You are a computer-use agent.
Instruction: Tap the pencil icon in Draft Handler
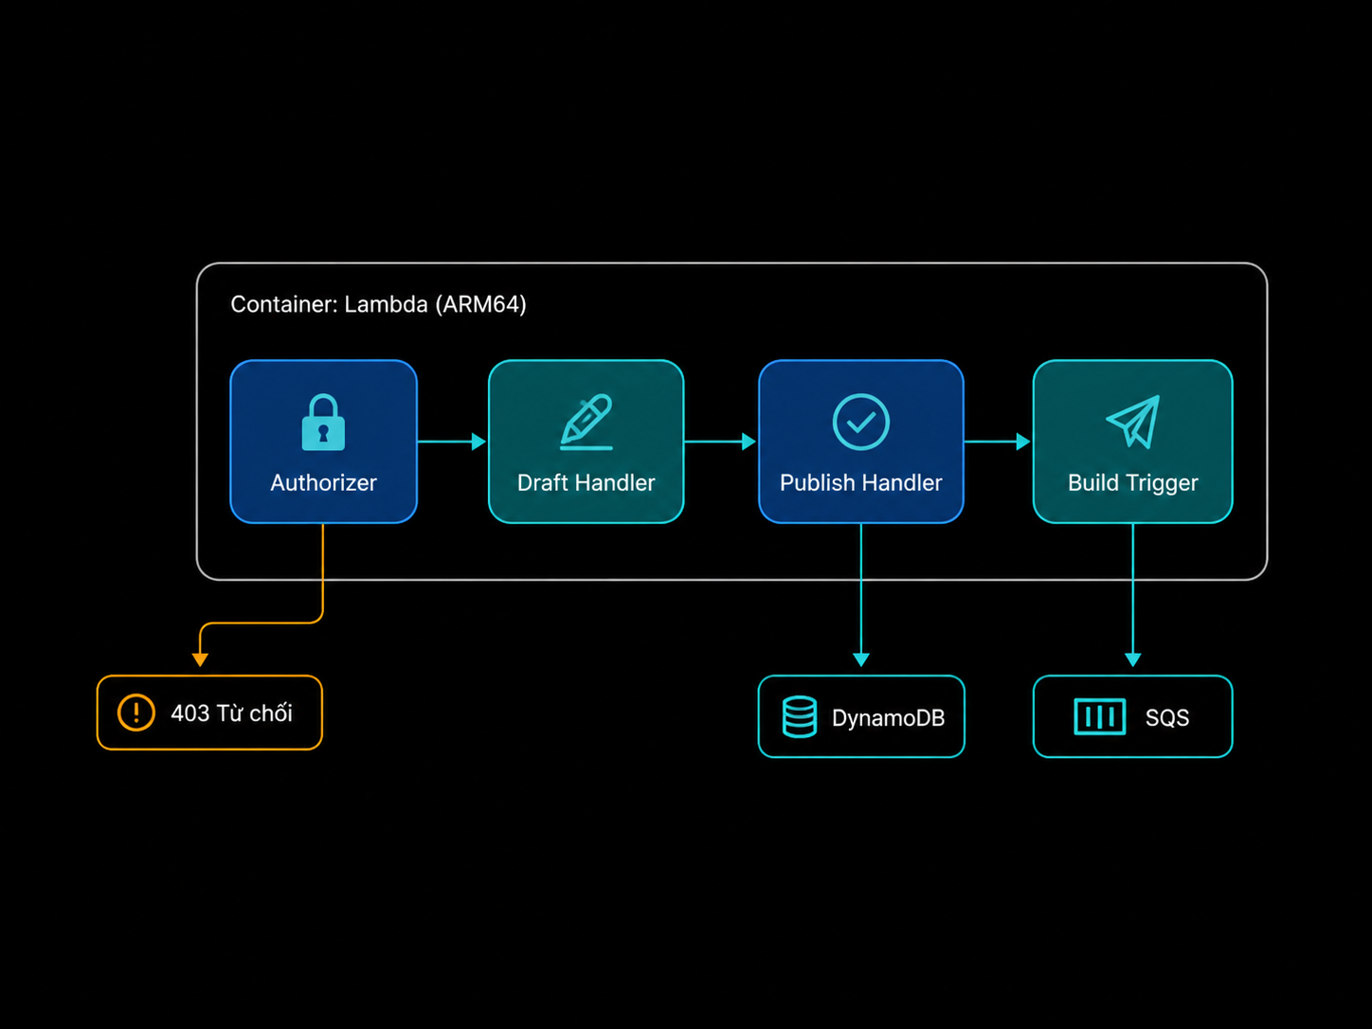coord(587,422)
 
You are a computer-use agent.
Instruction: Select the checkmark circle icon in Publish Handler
coord(860,422)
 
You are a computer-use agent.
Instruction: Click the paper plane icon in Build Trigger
coord(1133,422)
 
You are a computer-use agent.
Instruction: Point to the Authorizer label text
coord(323,483)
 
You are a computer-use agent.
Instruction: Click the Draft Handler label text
coord(587,483)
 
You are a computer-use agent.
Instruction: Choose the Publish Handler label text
coord(860,483)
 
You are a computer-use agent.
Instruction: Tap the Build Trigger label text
coord(1133,483)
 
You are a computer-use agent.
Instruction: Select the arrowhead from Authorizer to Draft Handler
coord(478,442)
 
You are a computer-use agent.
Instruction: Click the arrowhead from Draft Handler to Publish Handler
coord(749,442)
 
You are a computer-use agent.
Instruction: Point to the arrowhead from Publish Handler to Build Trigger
coord(1023,442)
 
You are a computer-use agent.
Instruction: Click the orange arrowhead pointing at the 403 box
coord(200,659)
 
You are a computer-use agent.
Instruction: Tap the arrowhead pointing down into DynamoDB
coord(861,659)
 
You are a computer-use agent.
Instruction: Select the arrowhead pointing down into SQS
coord(1133,659)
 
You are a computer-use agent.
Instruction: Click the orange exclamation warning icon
coord(136,713)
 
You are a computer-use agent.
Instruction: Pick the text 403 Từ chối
coord(231,713)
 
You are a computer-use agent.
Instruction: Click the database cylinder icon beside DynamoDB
coord(800,716)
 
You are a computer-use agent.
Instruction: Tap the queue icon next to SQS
coord(1100,716)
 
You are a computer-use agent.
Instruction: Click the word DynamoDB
coord(888,718)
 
